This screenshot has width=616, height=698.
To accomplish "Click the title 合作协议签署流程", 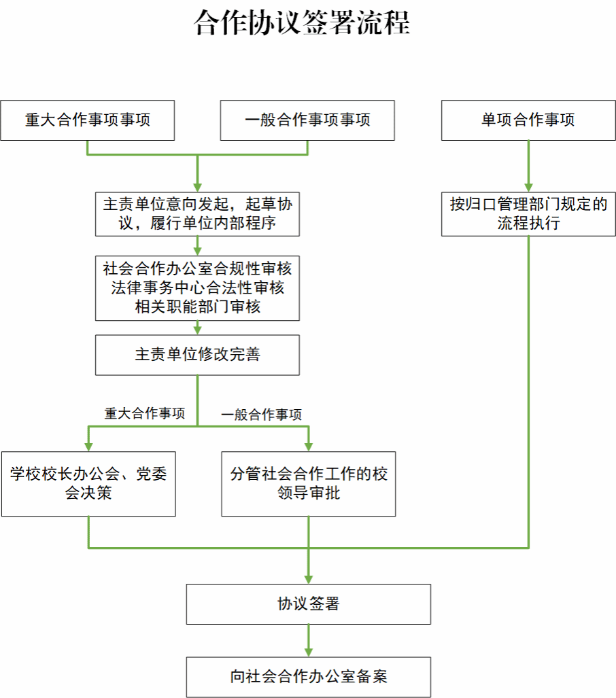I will point(301,23).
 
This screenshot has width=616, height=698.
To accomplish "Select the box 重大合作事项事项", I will point(88,120).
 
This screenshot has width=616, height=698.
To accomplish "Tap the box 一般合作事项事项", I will point(307,120).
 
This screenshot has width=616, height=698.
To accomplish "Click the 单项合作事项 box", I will point(528,120).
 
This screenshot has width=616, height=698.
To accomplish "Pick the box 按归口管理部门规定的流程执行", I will point(528,213).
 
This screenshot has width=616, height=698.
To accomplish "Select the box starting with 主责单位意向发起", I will point(197,213).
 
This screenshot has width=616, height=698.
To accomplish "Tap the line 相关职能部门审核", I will point(197,306).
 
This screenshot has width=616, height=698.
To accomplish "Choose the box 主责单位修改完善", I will point(197,354).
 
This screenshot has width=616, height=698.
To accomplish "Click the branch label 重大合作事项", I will point(144,413).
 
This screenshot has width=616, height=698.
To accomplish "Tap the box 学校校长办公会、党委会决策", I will point(88,483).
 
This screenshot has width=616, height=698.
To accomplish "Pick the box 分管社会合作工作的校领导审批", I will point(309,483).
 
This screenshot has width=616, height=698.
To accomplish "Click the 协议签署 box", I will point(309,604).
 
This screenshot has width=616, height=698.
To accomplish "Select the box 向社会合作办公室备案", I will point(309,677).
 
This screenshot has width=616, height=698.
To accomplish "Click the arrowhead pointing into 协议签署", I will point(309,578).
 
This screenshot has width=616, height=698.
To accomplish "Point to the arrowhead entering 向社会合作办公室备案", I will point(309,652).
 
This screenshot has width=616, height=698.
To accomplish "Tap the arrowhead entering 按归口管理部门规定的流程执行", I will point(528,187).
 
